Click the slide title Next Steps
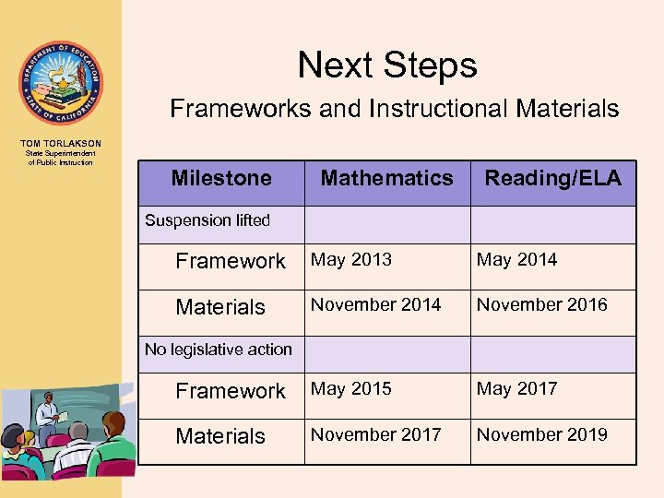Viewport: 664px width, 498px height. click(x=387, y=65)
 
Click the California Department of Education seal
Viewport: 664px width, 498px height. click(x=61, y=83)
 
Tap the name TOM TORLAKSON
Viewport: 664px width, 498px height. click(x=60, y=143)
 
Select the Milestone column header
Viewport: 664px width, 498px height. click(x=221, y=178)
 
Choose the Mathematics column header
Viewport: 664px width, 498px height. click(x=386, y=178)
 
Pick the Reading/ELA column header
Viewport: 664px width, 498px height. click(x=553, y=178)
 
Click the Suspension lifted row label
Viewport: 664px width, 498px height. click(x=207, y=220)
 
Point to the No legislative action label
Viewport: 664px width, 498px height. click(x=219, y=350)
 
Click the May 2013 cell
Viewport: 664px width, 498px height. click(x=351, y=260)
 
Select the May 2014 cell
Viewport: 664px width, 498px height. click(x=516, y=260)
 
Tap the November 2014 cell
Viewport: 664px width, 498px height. click(x=376, y=304)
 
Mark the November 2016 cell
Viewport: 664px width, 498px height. click(x=542, y=304)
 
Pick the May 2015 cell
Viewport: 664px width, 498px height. click(x=351, y=389)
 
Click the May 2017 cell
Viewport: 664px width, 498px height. click(x=516, y=389)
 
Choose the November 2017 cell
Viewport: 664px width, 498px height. click(x=376, y=433)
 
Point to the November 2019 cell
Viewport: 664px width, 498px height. click(x=542, y=433)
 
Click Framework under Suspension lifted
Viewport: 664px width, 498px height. click(x=231, y=261)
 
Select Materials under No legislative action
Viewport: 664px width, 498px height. click(x=220, y=436)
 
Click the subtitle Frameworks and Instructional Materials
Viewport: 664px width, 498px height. click(x=395, y=109)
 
